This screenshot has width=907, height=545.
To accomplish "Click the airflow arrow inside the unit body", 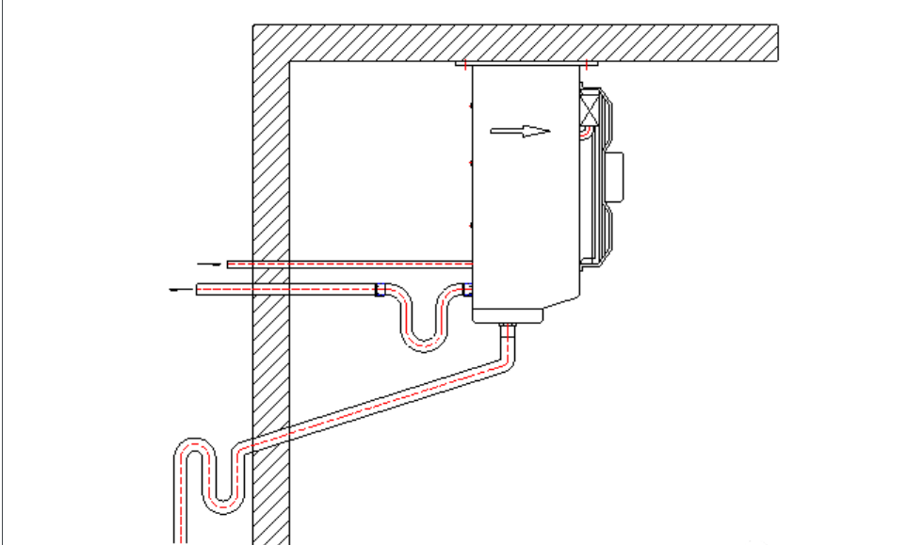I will [520, 132].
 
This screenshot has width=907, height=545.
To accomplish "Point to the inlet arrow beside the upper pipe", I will [211, 264].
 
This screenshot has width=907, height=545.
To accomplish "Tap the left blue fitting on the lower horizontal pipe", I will [380, 290].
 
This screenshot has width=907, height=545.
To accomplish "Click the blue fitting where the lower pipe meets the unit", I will [466, 290].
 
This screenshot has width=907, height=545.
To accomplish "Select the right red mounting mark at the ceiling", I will [587, 65].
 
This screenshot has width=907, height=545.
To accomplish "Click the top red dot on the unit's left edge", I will [471, 105].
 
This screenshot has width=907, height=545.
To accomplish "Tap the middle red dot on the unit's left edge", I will [471, 164].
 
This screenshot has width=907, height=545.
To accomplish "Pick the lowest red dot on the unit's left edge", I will [471, 225].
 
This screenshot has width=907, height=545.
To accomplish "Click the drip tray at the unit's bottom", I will [509, 317].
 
